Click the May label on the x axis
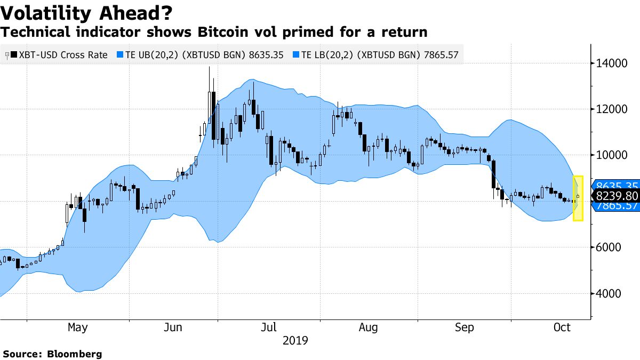coord(78,327)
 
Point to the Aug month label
coord(369,327)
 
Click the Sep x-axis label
coord(465,327)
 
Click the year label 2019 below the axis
coord(295,340)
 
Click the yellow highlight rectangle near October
coord(578,198)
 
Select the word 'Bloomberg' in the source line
coord(75,354)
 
